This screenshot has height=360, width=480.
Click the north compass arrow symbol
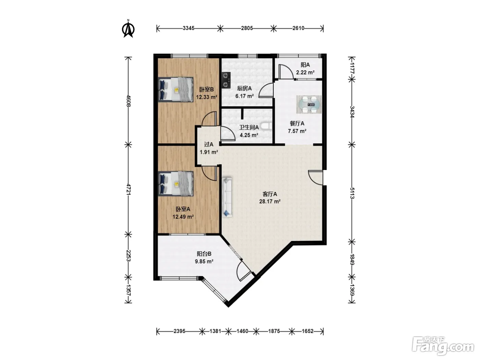[128, 29]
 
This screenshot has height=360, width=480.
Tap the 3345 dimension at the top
[189, 28]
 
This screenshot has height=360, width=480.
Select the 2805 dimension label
[247, 28]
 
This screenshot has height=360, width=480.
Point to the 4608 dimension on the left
[128, 101]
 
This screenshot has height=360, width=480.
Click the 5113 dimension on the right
[352, 193]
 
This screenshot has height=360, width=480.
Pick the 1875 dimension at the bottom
[274, 331]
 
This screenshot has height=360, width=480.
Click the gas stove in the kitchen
[226, 80]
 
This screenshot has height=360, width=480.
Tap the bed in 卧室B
[176, 89]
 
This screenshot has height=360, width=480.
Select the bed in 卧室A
[176, 184]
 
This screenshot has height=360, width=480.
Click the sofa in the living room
[227, 197]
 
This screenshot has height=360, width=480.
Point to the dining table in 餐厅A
[309, 105]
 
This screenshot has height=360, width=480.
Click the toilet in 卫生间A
[267, 126]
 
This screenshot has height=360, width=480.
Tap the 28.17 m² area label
[270, 202]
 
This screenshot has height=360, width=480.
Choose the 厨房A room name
[244, 88]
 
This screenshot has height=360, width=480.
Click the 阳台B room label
[204, 254]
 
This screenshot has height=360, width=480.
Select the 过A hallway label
[208, 144]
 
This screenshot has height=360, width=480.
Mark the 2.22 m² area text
[305, 72]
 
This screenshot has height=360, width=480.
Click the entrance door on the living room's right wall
[316, 178]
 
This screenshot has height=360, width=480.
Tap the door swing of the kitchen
[266, 90]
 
